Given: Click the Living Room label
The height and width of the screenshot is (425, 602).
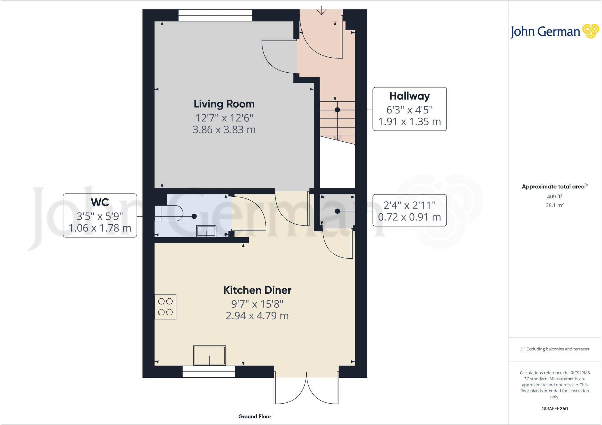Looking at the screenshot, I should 224,104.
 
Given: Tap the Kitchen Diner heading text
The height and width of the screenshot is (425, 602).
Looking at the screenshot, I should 257,290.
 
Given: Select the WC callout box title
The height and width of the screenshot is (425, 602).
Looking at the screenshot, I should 100,202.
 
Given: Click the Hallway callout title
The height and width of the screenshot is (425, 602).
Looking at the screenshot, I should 409,96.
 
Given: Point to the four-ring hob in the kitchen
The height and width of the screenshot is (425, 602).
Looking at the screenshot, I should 165,307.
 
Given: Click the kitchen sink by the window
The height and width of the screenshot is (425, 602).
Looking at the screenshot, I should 210,356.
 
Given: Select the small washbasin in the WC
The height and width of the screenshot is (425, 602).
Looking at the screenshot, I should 206,231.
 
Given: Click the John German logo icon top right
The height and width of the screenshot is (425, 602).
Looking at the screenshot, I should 591,31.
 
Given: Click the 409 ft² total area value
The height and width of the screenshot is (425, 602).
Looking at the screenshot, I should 554,197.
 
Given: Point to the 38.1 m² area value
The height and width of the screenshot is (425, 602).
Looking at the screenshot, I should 554,205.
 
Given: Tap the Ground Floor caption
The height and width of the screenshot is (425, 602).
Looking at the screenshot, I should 255,416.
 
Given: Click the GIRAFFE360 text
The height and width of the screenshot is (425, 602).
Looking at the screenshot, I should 554,409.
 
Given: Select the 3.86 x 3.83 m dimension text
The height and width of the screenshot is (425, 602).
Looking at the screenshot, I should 224,130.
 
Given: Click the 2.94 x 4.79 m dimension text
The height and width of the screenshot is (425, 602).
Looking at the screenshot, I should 257,316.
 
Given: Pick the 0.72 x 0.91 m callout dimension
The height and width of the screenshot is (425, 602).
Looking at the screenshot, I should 409,217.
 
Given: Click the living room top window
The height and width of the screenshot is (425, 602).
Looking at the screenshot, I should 215,15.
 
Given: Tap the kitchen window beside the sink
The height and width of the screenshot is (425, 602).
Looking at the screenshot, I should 209,372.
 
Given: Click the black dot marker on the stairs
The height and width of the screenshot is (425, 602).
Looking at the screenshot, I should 337,110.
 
